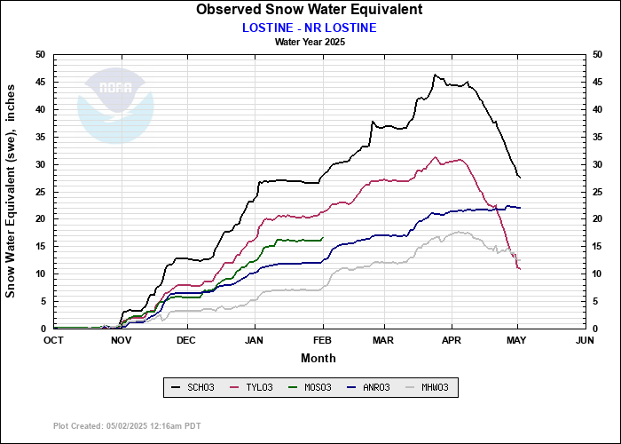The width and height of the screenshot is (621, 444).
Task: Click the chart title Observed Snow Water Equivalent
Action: tap(309, 10)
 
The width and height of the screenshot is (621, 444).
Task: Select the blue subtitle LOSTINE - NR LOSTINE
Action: tap(309, 27)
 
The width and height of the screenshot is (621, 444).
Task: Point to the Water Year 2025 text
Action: tap(310, 41)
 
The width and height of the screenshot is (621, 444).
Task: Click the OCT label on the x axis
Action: tap(54, 340)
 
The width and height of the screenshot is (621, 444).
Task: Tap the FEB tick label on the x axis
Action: tap(322, 340)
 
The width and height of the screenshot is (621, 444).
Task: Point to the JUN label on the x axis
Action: tap(584, 340)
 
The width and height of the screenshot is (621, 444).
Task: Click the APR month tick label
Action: tap(452, 340)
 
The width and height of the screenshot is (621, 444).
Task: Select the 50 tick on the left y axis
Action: tap(39, 55)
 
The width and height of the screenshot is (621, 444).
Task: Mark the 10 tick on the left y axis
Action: tap(39, 274)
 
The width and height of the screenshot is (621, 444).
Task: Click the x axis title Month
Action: tap(318, 358)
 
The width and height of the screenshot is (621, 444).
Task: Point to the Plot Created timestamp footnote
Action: tap(127, 426)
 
